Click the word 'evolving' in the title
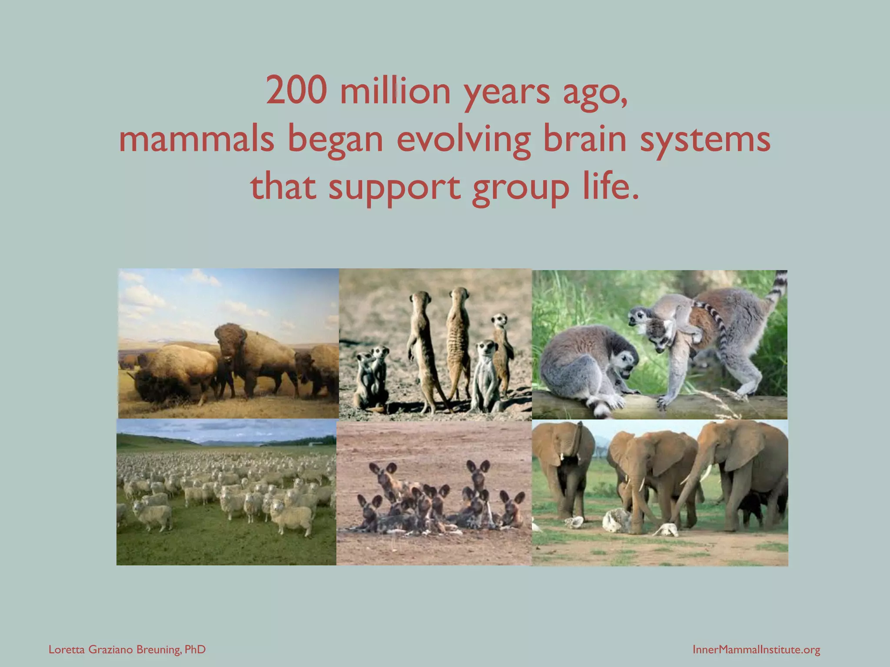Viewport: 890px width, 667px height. (x=463, y=140)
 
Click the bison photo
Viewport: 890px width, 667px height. (x=228, y=343)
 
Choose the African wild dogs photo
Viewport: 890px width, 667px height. (x=434, y=493)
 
